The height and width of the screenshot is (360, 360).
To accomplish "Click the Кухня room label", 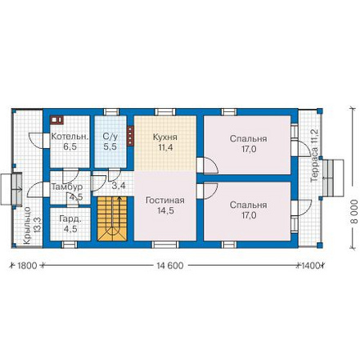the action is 165,137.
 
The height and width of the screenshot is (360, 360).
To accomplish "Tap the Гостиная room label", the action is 165,200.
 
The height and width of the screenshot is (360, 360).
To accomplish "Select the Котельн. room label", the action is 70,137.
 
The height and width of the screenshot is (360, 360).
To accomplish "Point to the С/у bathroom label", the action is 110,137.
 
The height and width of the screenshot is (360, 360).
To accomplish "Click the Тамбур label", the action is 67,187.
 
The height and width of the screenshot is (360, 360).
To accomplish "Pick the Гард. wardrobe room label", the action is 70,219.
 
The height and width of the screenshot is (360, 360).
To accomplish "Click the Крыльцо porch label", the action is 27,226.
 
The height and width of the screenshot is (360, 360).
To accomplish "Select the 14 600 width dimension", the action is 170,265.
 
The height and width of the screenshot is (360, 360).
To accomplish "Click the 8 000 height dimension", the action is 354,212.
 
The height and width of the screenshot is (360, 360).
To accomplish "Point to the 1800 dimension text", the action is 27,265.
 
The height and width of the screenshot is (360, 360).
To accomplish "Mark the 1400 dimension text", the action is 310,265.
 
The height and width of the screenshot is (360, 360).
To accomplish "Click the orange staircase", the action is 112,218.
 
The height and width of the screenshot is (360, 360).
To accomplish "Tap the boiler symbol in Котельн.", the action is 56,119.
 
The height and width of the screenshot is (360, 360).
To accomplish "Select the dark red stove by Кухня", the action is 130,136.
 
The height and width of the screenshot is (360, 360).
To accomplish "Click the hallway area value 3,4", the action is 119,186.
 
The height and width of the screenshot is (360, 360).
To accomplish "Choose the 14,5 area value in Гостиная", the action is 165,211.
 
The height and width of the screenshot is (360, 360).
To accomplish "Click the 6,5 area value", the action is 70,147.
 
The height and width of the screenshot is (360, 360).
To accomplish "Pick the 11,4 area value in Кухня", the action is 165,147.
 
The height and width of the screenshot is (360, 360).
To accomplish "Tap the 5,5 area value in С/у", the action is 110,146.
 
